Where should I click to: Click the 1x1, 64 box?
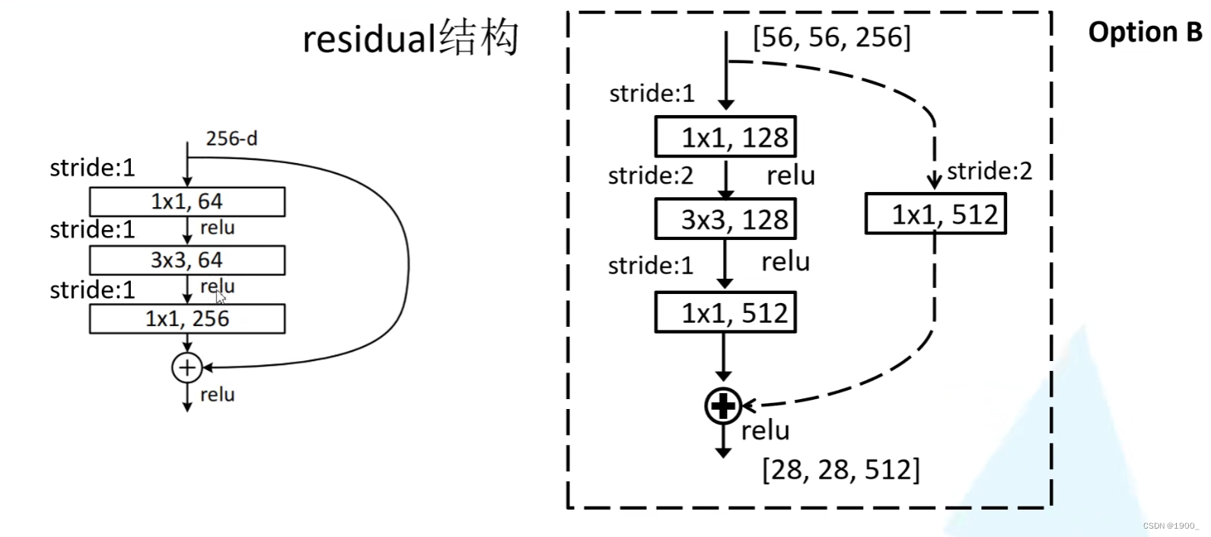pyautogui.click(x=187, y=202)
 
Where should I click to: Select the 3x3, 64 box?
pyautogui.click(x=187, y=261)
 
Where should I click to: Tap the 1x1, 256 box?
pyautogui.click(x=187, y=319)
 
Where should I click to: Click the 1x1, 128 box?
pyautogui.click(x=725, y=137)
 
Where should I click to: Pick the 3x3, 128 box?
pyautogui.click(x=725, y=219)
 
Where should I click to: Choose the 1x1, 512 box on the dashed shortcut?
pyautogui.click(x=935, y=214)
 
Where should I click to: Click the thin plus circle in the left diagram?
pyautogui.click(x=187, y=368)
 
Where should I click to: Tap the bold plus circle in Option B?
pyautogui.click(x=723, y=406)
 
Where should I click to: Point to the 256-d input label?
pyautogui.click(x=231, y=139)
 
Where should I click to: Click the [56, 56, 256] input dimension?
pyautogui.click(x=831, y=37)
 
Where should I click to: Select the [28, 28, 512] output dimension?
pyautogui.click(x=841, y=470)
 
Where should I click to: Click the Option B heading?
pyautogui.click(x=1145, y=32)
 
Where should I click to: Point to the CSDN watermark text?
pyautogui.click(x=1171, y=526)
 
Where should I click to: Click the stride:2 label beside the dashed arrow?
pyautogui.click(x=990, y=171)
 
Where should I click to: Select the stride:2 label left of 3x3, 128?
pyautogui.click(x=651, y=176)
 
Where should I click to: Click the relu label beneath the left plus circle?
pyautogui.click(x=217, y=395)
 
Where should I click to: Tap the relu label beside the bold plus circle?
pyautogui.click(x=765, y=431)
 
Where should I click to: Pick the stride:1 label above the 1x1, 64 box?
pyautogui.click(x=92, y=168)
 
